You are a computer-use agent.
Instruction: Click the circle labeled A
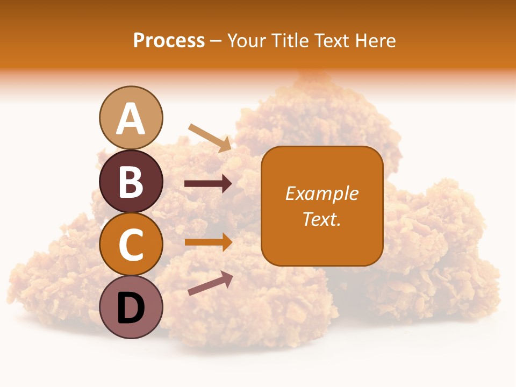131,118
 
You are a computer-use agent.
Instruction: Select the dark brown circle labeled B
131,181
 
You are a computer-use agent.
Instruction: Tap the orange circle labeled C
131,245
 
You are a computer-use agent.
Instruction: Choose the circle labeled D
131,307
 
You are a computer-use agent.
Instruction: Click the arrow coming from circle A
210,138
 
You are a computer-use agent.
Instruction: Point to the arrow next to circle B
209,184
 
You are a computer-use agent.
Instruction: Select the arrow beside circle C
209,242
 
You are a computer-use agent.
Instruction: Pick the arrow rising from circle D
210,283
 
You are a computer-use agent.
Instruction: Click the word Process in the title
169,41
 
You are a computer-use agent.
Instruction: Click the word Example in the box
321,193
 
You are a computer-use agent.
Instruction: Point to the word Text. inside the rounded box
321,219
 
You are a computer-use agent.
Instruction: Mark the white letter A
131,119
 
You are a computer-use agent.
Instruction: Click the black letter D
131,309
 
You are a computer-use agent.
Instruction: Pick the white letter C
131,245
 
